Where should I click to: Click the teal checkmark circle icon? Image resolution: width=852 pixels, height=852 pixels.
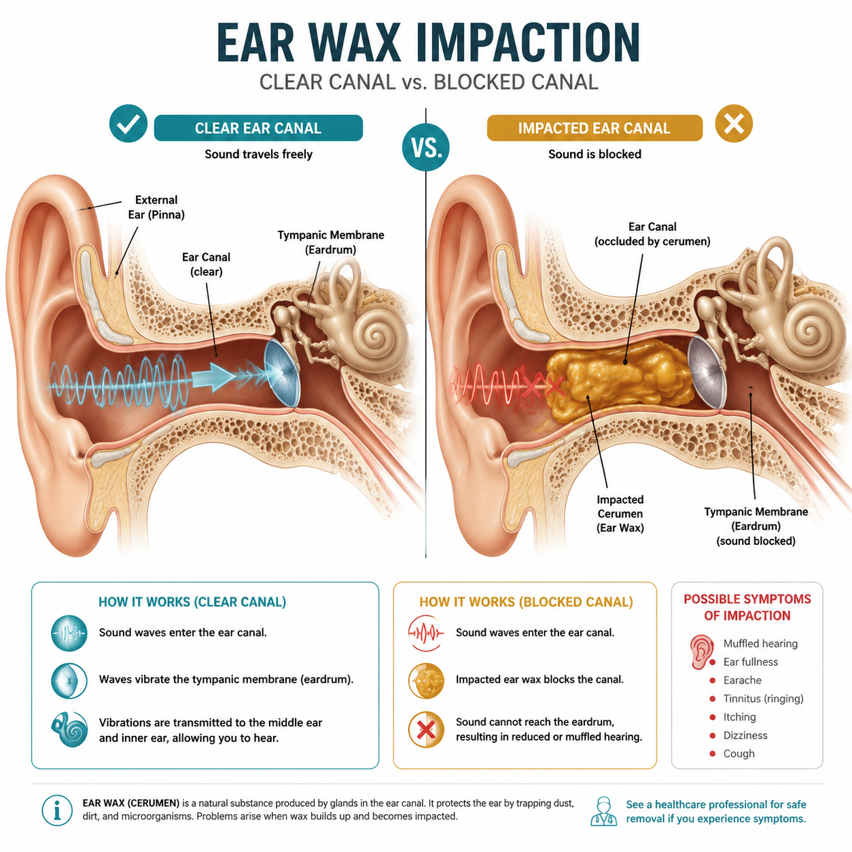[128, 124]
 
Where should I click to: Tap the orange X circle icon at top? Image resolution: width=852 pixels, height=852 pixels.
[734, 124]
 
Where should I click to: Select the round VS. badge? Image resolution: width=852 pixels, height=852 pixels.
[426, 147]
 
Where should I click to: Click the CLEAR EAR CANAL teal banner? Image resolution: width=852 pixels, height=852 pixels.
[258, 128]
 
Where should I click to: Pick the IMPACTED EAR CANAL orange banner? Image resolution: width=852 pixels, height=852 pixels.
[594, 128]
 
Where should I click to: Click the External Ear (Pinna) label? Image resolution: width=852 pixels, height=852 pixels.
[156, 207]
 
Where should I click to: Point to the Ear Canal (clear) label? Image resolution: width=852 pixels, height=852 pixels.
[207, 264]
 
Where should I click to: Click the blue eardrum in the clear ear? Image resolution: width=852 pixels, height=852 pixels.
[282, 374]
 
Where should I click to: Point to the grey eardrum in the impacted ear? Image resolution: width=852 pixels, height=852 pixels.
[707, 372]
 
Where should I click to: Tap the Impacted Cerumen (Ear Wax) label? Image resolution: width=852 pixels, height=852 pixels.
[620, 514]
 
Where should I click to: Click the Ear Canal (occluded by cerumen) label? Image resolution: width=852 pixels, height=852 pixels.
[652, 234]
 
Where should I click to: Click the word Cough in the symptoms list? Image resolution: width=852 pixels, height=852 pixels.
[739, 753]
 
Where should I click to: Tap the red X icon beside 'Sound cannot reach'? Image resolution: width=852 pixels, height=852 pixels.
[426, 730]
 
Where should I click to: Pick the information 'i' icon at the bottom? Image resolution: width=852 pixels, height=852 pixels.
[57, 811]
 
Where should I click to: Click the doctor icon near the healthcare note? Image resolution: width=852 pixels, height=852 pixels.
[603, 811]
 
